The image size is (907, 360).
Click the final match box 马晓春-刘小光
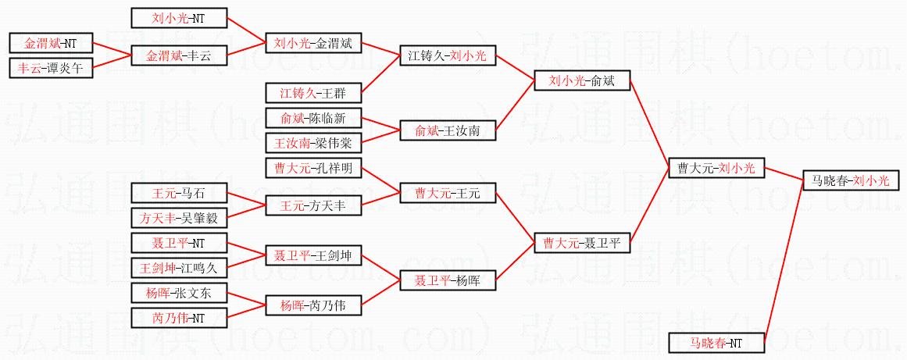851,180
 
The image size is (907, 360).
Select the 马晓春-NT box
716,342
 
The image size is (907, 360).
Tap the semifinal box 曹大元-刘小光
716,167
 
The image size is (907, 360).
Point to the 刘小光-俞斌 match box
582,80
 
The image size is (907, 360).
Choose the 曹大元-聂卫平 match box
582,244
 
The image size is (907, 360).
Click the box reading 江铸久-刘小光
448,55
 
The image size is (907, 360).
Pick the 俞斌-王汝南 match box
448,131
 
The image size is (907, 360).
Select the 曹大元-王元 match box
448,192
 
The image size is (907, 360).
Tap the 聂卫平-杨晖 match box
448,280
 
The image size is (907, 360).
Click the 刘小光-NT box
179,17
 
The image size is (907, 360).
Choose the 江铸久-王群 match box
313,94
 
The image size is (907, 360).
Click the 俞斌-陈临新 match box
313,119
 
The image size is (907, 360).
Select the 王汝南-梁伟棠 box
313,143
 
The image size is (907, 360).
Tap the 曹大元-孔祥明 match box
313,168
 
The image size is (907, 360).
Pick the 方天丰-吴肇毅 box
179,218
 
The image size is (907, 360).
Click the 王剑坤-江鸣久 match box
179,268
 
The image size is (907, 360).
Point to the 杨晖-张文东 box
179,293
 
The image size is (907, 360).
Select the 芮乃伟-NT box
179,318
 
